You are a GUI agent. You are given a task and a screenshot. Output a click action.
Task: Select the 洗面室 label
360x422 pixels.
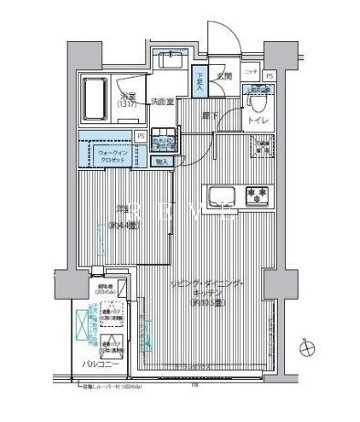tap(163, 101)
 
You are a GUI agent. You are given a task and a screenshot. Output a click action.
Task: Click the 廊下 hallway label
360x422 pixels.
tap(210, 116)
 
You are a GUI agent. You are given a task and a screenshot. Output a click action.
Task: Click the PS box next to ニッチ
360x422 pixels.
tap(270, 76)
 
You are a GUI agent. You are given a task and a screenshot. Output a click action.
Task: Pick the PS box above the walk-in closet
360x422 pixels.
tap(140, 136)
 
